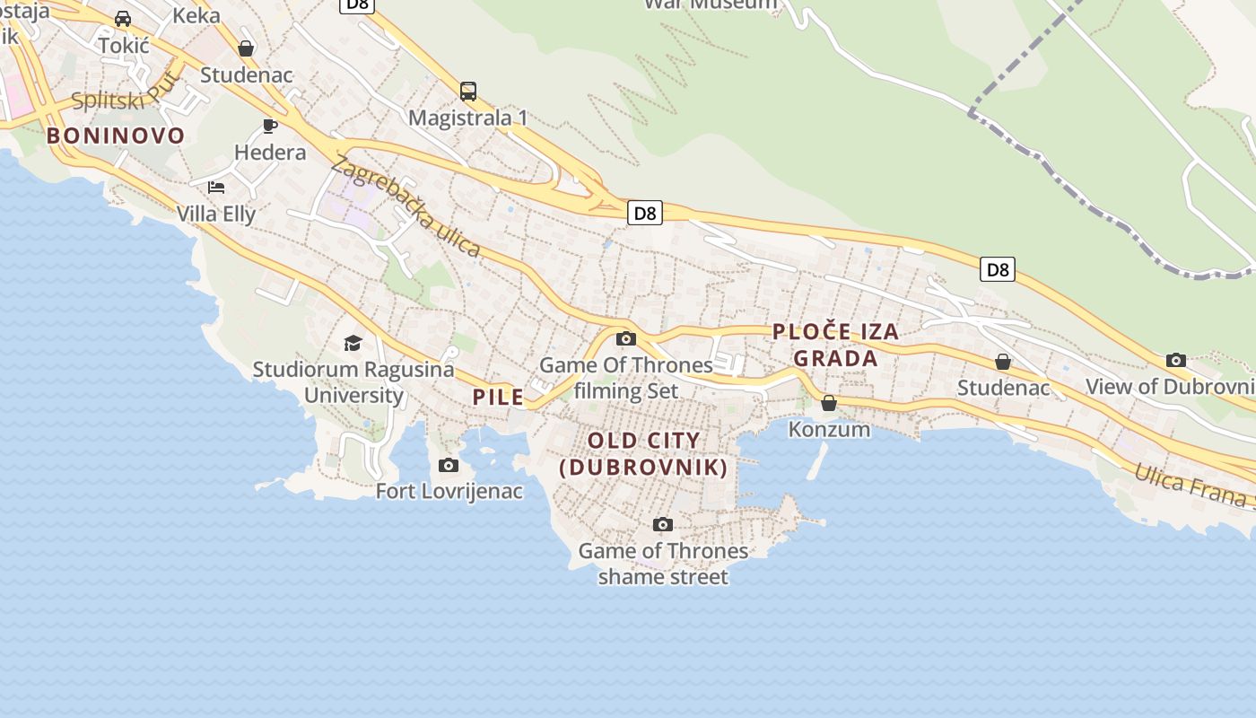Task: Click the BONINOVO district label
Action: coord(116,136)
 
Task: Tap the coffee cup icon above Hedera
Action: coord(269,126)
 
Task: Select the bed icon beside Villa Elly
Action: coord(216,188)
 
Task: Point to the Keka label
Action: coord(196,15)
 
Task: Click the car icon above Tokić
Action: coord(123,19)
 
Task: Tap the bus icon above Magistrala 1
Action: coord(467,91)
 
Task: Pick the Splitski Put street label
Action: coord(126,94)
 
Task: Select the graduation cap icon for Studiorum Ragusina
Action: coord(353,343)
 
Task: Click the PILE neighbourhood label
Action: coord(498,397)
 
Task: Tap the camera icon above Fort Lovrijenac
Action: coord(449,465)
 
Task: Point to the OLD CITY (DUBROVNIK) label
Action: coord(643,454)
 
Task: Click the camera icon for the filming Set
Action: coord(626,338)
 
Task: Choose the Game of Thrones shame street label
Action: coord(663,564)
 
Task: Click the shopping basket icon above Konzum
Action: coord(829,403)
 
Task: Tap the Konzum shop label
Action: coord(829,429)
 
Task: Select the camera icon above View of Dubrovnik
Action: coord(1176,360)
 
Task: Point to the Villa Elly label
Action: coord(216,214)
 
